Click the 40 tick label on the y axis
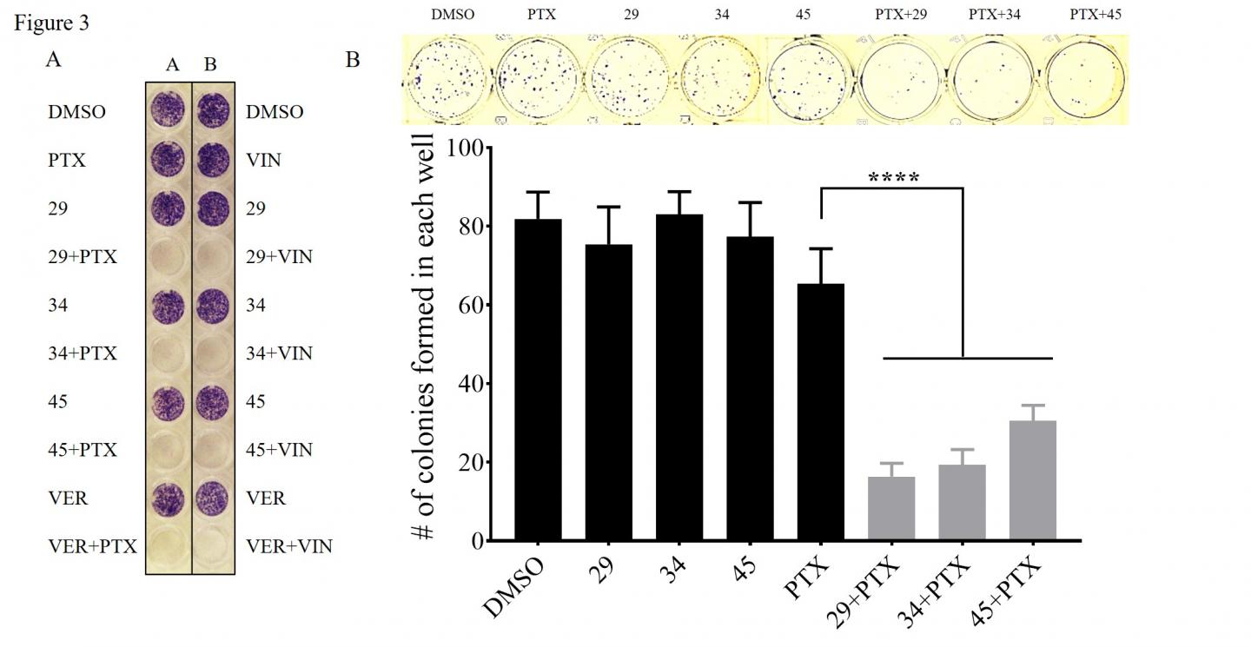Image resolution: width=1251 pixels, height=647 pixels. click(467, 384)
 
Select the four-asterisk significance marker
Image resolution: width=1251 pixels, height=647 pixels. click(894, 178)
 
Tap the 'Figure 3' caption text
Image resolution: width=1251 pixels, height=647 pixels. click(51, 22)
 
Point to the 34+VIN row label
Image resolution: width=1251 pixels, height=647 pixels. click(279, 353)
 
